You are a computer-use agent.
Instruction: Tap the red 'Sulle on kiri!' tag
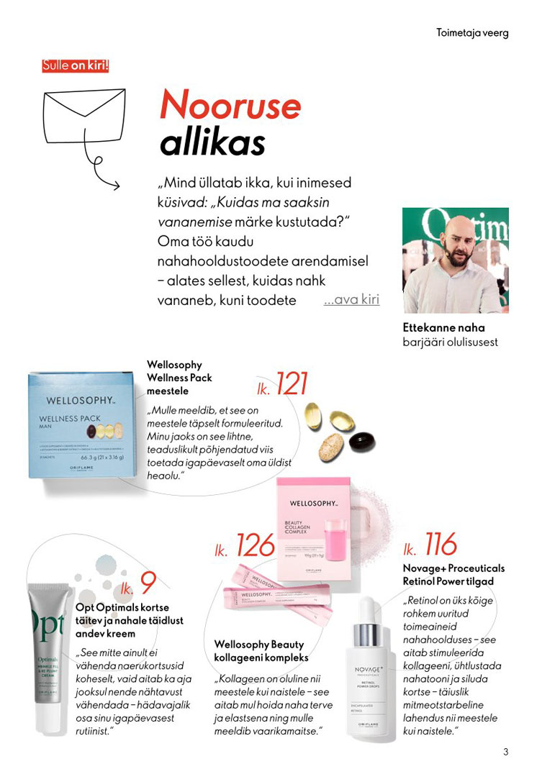coord(76,65)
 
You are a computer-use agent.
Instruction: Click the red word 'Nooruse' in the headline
coord(230,106)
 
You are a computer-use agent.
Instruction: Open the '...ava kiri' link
coord(351,299)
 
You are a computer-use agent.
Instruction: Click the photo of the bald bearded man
coord(455,260)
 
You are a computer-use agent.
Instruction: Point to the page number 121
coord(291,385)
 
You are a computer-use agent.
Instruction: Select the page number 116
coord(440,545)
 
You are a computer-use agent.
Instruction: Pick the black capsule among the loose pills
coord(364,441)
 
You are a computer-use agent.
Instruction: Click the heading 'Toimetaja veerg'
coord(472,33)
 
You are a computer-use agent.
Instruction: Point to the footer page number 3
coord(505,753)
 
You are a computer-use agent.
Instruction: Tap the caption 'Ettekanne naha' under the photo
coord(443,328)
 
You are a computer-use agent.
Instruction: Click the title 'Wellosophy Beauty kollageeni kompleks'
coord(261,651)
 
